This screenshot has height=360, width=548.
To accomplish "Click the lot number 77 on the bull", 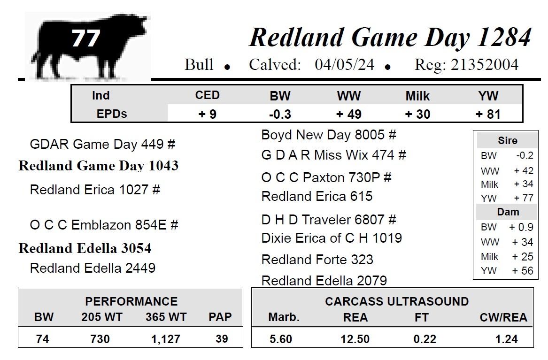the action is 85,38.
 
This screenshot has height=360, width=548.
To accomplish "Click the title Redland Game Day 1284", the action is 390,37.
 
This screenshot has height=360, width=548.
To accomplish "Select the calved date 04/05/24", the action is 344,65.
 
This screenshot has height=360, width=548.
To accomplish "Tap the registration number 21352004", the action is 484,65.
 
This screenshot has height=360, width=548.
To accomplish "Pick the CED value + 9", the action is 207,114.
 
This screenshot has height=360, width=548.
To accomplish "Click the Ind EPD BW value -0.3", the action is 280,114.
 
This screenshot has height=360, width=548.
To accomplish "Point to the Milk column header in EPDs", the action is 417,96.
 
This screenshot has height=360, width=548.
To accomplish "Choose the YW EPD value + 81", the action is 488,114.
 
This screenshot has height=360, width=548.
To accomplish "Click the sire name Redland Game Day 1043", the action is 99,166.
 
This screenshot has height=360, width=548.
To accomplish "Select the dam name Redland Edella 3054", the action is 85,248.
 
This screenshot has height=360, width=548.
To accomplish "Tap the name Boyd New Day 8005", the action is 323,135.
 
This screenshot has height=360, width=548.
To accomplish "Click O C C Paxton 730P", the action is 320,177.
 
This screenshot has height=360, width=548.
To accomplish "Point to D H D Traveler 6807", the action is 323,220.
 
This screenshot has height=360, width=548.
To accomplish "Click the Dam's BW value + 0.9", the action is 521,227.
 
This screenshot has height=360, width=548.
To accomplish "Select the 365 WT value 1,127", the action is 166,339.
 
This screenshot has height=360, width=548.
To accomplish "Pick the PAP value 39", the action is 222,339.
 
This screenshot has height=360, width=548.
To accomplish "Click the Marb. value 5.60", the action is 281,339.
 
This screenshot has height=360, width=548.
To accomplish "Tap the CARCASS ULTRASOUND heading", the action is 397,301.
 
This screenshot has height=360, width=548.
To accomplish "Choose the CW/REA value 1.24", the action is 506,339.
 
